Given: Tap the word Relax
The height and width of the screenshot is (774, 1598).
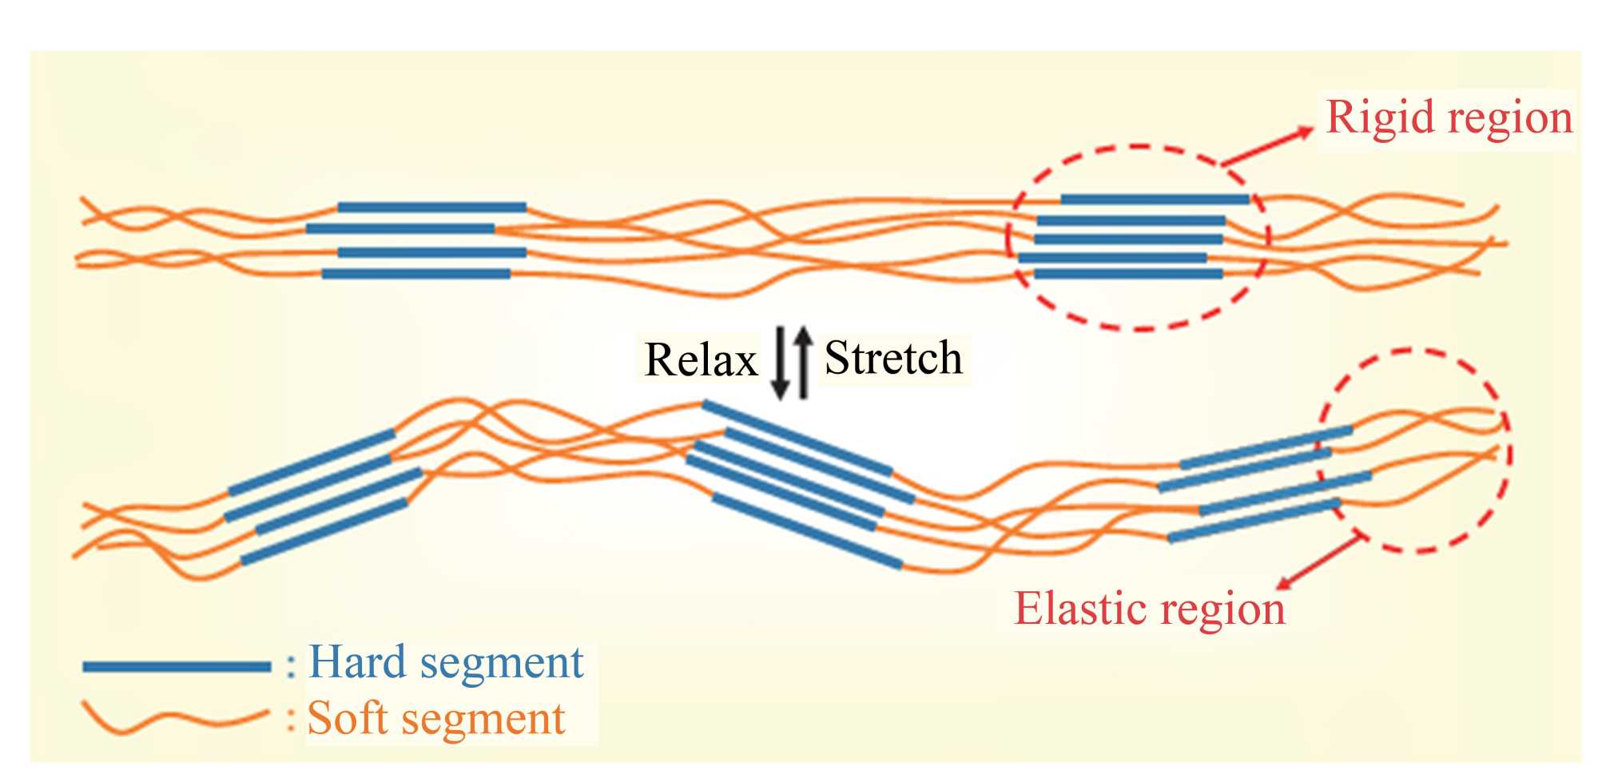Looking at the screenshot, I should point(700,360).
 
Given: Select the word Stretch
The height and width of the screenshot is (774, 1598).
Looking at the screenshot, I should point(892,357).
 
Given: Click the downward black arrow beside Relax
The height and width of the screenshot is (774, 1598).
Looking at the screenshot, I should point(781,363).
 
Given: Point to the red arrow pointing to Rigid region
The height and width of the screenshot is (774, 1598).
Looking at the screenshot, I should point(1267,146).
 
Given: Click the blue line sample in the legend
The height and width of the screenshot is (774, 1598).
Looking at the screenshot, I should point(177,666).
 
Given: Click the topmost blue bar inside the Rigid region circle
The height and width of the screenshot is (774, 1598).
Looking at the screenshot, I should point(1155,200).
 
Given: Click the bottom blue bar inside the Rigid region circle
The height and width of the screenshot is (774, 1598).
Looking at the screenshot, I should point(1128,274).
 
